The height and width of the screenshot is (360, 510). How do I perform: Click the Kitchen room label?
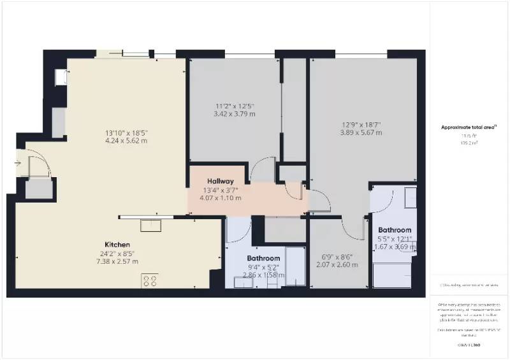118,245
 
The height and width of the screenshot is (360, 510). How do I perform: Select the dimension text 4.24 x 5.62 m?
127,141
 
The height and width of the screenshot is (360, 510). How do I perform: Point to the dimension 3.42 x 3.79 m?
235,114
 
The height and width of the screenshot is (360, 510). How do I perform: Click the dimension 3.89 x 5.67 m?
361,133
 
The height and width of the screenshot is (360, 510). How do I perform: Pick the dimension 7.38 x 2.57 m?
118,261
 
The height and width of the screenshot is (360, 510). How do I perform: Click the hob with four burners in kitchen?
150,280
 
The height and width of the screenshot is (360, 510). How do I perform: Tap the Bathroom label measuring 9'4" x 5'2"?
263,258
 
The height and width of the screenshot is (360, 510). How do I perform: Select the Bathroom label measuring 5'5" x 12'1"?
395,230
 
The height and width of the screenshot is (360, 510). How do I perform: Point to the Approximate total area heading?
469,127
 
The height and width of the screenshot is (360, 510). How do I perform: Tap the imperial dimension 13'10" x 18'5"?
127,133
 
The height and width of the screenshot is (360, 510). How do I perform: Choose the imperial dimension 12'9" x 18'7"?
361,124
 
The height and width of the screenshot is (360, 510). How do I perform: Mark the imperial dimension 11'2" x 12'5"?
235,106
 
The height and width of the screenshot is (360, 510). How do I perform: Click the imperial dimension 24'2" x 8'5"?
118,253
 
